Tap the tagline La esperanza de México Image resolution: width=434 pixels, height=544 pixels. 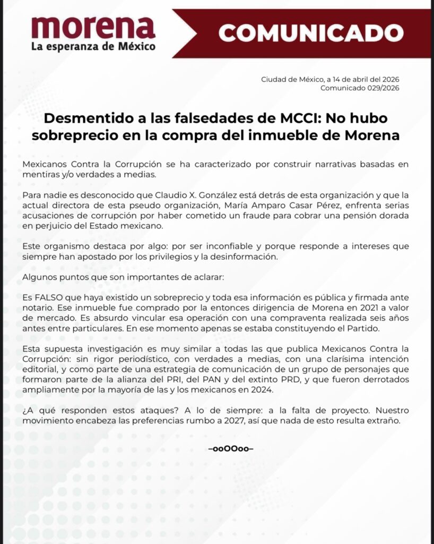93,46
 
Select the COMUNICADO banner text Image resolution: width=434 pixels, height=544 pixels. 307,33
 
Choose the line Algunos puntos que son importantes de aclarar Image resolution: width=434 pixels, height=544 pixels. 111,277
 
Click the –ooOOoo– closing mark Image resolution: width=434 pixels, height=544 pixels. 231,448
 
